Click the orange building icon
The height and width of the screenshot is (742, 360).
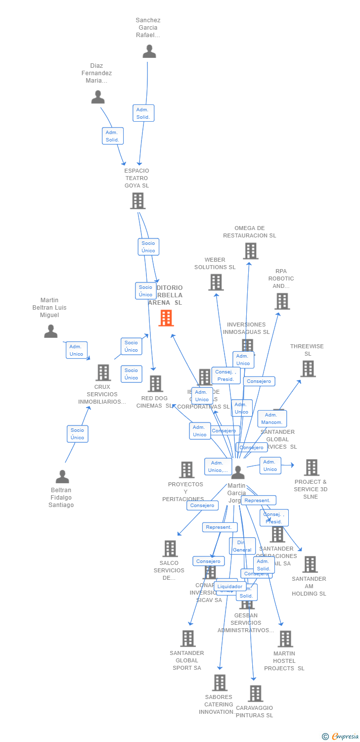[x=166, y=318]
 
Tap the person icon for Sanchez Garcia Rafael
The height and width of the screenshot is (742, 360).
[x=149, y=51]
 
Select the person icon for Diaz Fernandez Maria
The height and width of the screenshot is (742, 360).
[x=98, y=97]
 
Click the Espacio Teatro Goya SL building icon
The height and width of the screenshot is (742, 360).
[x=137, y=201]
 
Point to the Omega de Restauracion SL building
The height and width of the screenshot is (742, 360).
[x=250, y=251]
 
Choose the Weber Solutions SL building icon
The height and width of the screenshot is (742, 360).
[x=216, y=282]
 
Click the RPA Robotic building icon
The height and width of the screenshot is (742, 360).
[x=282, y=301]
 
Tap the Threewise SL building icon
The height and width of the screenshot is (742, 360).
[x=308, y=369]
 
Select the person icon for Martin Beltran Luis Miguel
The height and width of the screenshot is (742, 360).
[x=51, y=331]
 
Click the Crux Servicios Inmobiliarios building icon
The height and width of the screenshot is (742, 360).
[x=103, y=372]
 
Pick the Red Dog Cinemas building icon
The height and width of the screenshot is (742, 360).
[x=155, y=383]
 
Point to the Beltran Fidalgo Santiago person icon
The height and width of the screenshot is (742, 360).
[x=62, y=476]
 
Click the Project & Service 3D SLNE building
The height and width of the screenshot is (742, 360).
[x=311, y=467]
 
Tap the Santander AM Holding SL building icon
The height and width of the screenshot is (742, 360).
[x=310, y=564]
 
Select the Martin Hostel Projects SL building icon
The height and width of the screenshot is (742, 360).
[x=285, y=639]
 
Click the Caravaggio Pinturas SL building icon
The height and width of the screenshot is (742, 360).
[x=255, y=694]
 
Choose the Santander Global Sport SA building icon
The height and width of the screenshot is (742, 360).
[x=188, y=638]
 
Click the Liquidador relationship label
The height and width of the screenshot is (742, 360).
[x=230, y=586]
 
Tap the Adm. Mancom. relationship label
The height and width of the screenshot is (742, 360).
[x=272, y=418]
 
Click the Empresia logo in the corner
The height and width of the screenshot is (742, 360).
[x=341, y=737]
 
